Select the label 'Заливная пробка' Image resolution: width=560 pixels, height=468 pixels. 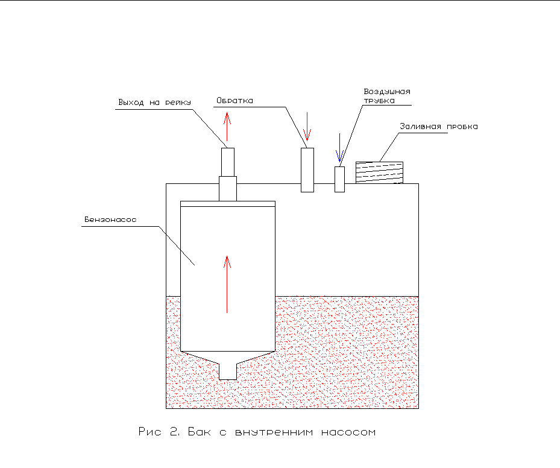click(439, 127)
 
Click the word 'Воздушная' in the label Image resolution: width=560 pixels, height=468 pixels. click(386, 92)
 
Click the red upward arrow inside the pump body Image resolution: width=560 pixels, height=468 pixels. click(227, 283)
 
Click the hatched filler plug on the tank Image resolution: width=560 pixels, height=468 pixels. click(379, 172)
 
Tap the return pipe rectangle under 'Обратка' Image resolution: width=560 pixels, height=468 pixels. click(307, 169)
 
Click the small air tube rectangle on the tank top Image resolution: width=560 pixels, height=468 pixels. click(339, 179)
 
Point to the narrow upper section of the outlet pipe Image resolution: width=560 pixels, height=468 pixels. click(227, 162)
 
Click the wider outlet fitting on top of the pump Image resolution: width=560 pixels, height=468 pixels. click(227, 188)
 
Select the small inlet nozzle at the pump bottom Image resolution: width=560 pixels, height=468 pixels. click(227, 371)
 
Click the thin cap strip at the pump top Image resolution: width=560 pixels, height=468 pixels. click(228, 204)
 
